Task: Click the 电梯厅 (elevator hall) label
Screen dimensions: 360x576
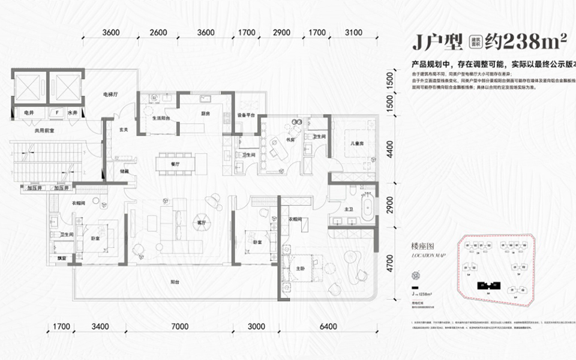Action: [109, 95]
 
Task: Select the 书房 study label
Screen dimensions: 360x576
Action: [290, 141]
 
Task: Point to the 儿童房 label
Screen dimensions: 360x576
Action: [359, 143]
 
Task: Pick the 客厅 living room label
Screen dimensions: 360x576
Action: [201, 223]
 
